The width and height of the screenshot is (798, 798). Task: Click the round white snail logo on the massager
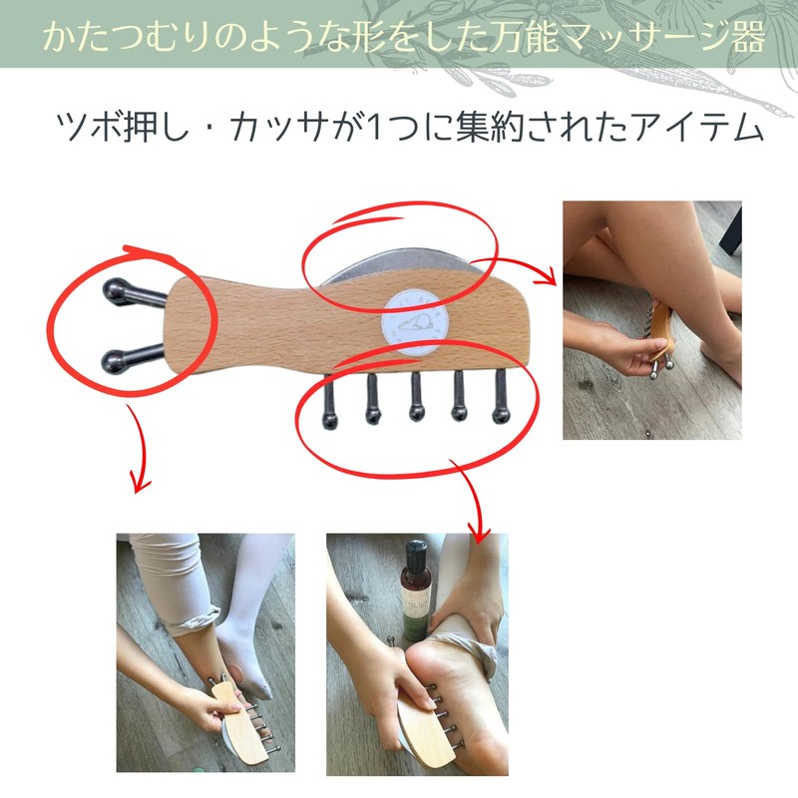pyautogui.click(x=415, y=321)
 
